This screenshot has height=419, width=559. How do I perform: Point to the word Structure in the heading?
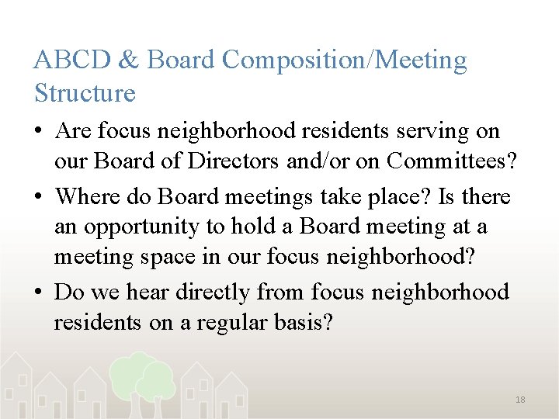pos(85,94)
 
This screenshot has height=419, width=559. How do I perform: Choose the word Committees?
pos(453,164)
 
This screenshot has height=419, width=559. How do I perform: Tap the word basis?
pos(299,324)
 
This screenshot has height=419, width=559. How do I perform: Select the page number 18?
pos(520,400)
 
